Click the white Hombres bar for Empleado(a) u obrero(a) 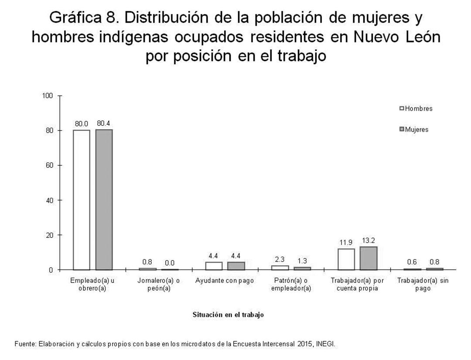point(81,200)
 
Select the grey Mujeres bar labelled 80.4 point(104,199)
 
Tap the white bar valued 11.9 point(346,259)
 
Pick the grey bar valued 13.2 point(369,258)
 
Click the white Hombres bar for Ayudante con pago point(214,266)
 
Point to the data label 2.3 point(280,259)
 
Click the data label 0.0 point(170,263)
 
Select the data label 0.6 point(412,262)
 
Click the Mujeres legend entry point(414,130)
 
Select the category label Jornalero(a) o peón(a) point(159,285)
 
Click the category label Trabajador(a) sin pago point(423,285)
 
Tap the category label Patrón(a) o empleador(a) point(291,285)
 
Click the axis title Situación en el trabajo point(228,315)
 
